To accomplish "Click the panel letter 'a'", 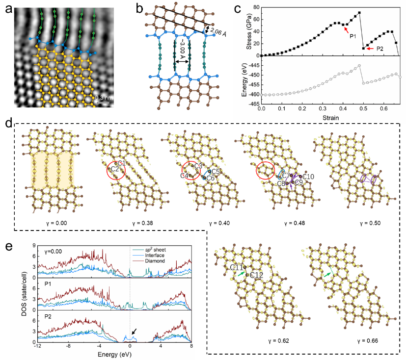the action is (x=9, y=9).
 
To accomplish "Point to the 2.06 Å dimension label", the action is (x=218, y=32).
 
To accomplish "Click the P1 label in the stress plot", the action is (x=352, y=36).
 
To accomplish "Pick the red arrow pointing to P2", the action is (x=370, y=49).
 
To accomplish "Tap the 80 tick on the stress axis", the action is (x=256, y=7).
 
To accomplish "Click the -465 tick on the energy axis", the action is (x=254, y=104).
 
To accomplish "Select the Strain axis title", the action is (x=331, y=118).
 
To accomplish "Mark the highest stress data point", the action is (x=359, y=13).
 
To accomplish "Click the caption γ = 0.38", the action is (x=142, y=223).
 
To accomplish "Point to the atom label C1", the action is (x=122, y=163).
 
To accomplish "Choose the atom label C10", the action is (x=308, y=177).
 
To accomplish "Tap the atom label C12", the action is (x=257, y=275).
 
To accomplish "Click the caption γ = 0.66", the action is (x=367, y=341).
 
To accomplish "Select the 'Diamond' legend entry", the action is (x=155, y=261).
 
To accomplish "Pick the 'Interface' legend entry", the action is (x=155, y=255).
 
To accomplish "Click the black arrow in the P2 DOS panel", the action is (x=135, y=331).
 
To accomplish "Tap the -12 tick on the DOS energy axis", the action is (x=38, y=346).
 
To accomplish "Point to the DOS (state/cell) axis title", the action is (x=24, y=294).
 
